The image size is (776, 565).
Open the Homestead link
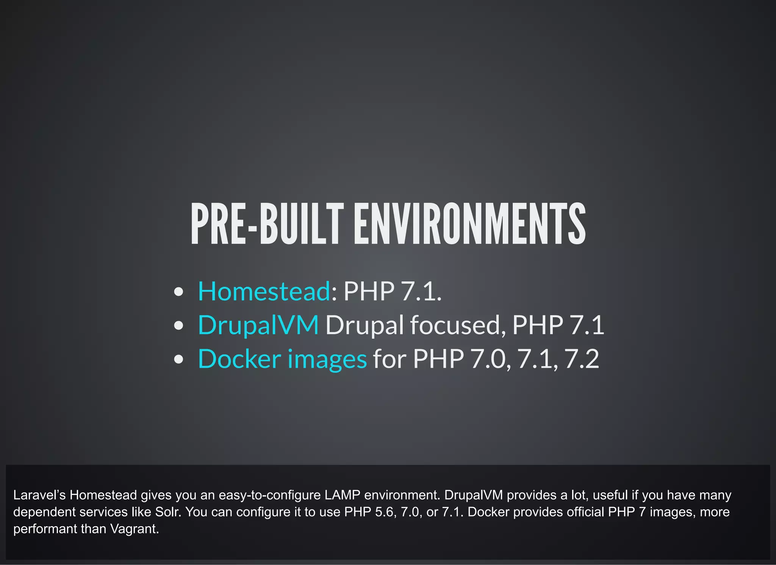[x=264, y=291]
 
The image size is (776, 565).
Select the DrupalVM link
[x=258, y=325]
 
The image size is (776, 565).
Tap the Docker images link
[x=282, y=359]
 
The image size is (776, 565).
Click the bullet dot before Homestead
[x=178, y=292]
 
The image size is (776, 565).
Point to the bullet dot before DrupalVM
[x=178, y=326]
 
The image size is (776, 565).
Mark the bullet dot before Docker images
[x=178, y=359]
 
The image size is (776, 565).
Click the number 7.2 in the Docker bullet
[x=582, y=359]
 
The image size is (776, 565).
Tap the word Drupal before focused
[x=365, y=325]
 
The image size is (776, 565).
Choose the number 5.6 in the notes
[x=385, y=512]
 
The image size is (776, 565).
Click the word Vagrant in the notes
[x=134, y=529]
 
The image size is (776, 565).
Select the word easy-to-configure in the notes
[x=269, y=495]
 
